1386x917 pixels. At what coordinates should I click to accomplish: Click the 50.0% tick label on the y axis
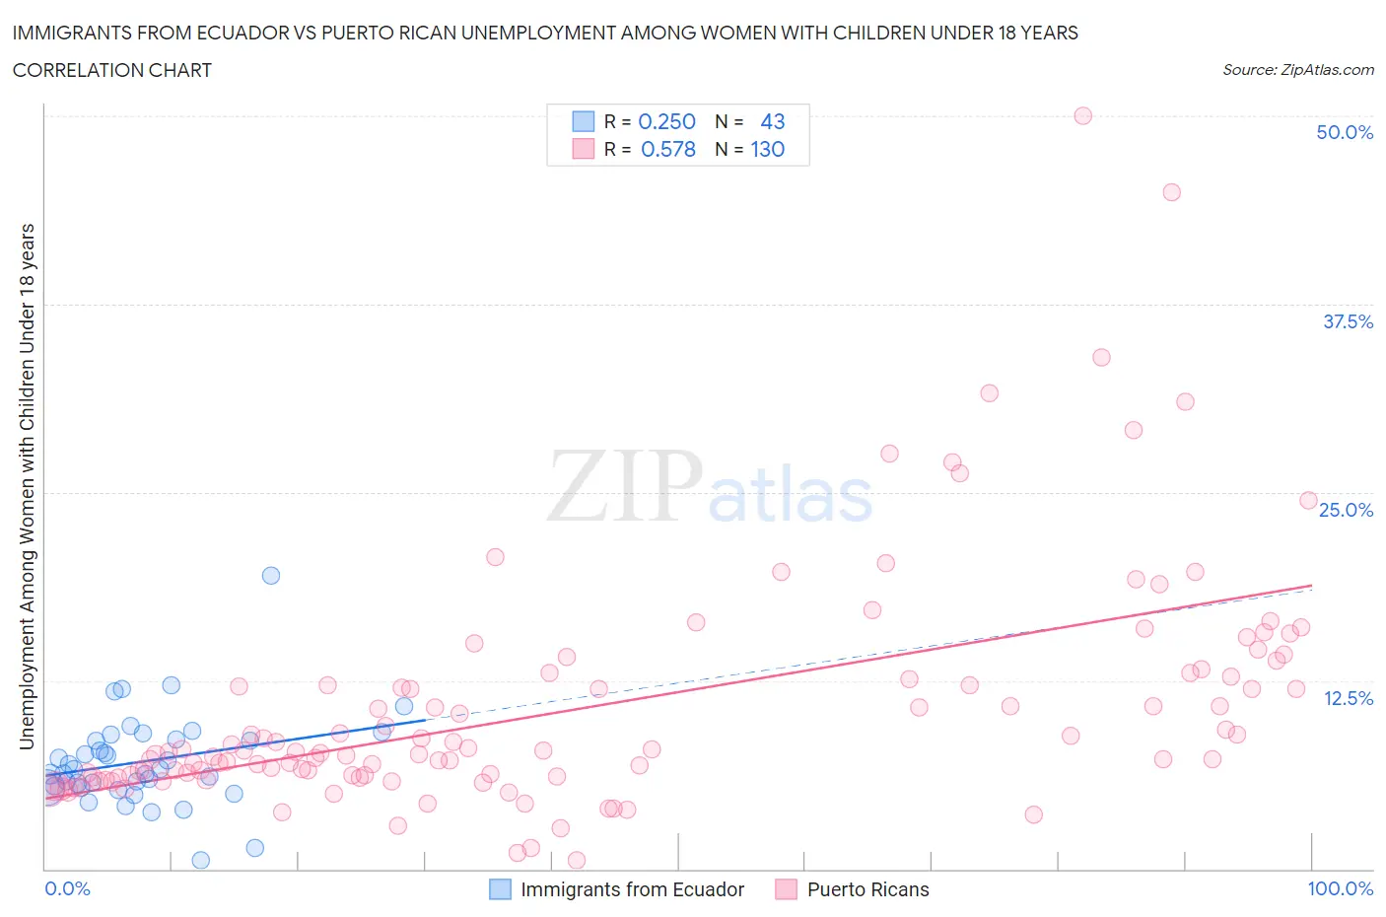[x=1344, y=132]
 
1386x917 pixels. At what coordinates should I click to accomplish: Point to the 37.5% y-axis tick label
[x=1347, y=321]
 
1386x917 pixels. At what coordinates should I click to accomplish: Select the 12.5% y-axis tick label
[x=1347, y=698]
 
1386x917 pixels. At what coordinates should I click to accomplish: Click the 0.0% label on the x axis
[x=67, y=888]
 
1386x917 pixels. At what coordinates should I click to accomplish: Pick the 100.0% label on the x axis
[x=1340, y=888]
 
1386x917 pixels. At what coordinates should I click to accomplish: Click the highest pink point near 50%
[x=1082, y=115]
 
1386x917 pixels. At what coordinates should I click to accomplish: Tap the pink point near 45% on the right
[x=1171, y=192]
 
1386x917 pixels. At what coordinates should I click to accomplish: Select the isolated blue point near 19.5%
[x=271, y=575]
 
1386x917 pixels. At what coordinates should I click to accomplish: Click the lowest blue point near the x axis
[x=201, y=860]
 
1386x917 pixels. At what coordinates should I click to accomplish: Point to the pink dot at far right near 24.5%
[x=1308, y=500]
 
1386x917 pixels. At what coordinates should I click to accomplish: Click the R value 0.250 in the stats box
[x=666, y=121]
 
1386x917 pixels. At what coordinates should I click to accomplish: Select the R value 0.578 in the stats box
[x=667, y=149]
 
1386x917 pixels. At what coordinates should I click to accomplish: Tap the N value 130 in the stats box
[x=767, y=149]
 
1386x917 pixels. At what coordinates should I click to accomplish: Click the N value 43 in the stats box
[x=772, y=121]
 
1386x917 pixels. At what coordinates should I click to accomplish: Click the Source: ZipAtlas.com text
[x=1297, y=69]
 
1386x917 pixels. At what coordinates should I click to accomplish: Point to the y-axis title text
[x=28, y=486]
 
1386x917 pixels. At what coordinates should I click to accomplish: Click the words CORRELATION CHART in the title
[x=112, y=70]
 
